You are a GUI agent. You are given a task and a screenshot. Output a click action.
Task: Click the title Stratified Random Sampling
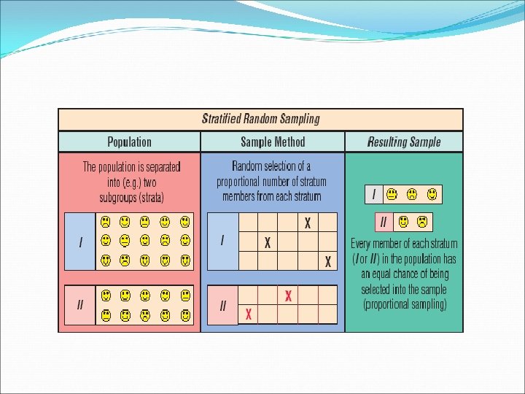click(260, 119)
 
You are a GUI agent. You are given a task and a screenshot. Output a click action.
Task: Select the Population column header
click(129, 142)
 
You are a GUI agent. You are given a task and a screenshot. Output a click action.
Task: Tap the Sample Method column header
click(273, 142)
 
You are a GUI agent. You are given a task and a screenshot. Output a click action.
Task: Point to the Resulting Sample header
click(404, 142)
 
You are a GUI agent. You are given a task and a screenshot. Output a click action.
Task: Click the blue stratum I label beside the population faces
click(80, 241)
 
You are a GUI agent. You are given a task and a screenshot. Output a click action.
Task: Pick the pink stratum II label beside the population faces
click(80, 305)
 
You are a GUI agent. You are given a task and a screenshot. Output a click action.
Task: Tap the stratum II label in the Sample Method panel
click(222, 305)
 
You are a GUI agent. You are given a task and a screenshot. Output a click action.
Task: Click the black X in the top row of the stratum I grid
click(308, 223)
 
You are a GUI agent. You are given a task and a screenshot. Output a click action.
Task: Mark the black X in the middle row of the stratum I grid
click(268, 242)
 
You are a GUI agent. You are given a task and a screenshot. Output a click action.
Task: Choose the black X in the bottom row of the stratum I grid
click(327, 261)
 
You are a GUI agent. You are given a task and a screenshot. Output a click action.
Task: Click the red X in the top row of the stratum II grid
click(288, 295)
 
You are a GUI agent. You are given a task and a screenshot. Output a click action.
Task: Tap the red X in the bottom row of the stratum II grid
click(249, 314)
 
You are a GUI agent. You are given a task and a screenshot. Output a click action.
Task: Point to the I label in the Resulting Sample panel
click(374, 194)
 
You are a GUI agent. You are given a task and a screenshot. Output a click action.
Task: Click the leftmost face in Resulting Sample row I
click(392, 194)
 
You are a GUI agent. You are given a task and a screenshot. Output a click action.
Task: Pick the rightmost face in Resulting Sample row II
click(421, 221)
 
